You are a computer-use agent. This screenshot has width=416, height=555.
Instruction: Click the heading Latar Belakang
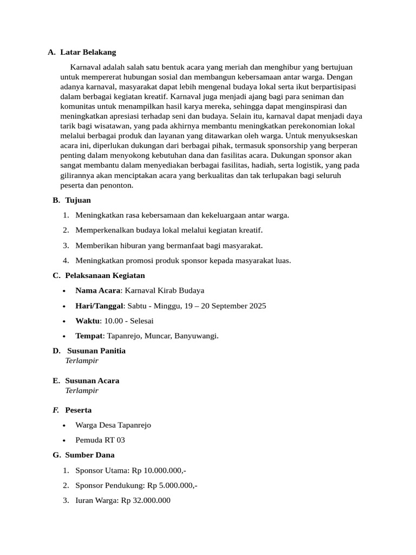(x=88, y=52)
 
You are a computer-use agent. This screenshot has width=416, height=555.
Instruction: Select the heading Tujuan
(x=78, y=200)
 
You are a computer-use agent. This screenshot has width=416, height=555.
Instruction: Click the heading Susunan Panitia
(x=96, y=351)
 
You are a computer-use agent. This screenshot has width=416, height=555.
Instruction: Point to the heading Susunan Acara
(x=92, y=380)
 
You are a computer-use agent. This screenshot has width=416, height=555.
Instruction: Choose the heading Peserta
(x=79, y=410)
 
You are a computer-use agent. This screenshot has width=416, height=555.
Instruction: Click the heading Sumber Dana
(x=90, y=455)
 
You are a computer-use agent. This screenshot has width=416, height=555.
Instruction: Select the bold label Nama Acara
(x=97, y=291)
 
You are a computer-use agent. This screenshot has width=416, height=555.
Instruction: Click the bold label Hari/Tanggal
(x=99, y=306)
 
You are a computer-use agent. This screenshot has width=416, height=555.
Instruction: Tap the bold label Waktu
(x=87, y=321)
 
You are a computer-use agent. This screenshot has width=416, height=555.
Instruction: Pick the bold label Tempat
(x=89, y=336)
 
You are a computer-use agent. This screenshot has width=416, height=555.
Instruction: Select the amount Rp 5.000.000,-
(x=172, y=486)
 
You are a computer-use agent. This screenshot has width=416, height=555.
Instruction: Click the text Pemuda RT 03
(x=100, y=440)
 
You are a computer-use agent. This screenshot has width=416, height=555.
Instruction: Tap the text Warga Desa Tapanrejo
(x=113, y=425)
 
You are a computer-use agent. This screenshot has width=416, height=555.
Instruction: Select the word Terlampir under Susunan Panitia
(x=82, y=360)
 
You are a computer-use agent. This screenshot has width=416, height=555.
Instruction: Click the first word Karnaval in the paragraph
(x=86, y=67)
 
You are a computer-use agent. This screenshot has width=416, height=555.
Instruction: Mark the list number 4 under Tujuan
(x=66, y=260)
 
